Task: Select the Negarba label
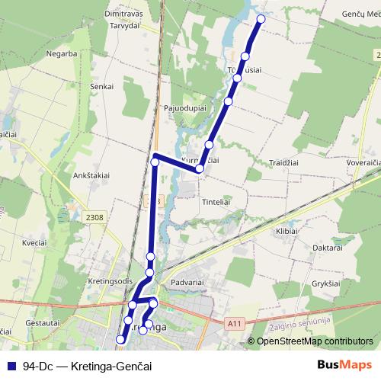point(62,54)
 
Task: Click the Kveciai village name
point(35,242)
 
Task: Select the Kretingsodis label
point(110,279)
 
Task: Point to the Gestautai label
point(43,323)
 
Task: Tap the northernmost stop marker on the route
point(261,19)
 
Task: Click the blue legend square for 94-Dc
point(11,366)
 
